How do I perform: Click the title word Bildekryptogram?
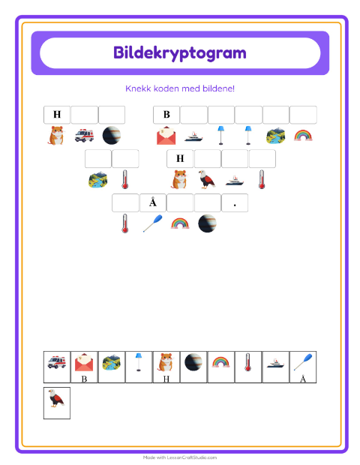[x=180, y=53]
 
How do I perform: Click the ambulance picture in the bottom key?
[x=57, y=362]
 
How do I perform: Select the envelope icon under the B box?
[x=166, y=136]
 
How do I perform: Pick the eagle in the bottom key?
[x=56, y=398]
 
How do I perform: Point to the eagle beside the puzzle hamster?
[x=206, y=179]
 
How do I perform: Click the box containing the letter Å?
[x=153, y=202]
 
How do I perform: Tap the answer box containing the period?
[x=235, y=202]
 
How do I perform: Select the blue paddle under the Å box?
[x=153, y=223]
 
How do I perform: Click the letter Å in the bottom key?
[x=303, y=379]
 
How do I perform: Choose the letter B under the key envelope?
[x=84, y=379]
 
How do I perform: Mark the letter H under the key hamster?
[x=166, y=379]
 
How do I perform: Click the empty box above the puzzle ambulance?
[x=84, y=115]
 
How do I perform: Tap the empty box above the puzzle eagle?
[x=207, y=159]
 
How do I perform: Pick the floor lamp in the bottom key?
[x=139, y=361]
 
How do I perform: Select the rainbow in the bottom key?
[x=220, y=362]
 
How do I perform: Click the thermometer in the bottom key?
[x=248, y=362]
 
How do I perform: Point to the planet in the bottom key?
[x=193, y=362]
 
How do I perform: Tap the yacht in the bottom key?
[x=275, y=363]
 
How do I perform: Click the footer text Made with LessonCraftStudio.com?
[x=180, y=457]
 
